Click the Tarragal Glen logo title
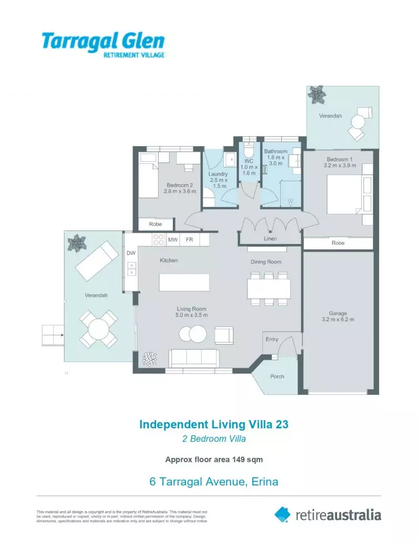coord(103,41)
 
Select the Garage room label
coord(338,313)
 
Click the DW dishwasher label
coord(131,253)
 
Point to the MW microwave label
coord(173,239)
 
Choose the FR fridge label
coord(190,239)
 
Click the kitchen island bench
coord(184,282)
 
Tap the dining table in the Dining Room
coord(269,289)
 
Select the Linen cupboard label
coord(270,238)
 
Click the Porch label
coord(277,377)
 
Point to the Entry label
coord(272,339)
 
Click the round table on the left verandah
coord(98,329)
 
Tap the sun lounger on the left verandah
coord(97,261)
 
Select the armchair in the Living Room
coord(224,335)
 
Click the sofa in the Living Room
coord(194,358)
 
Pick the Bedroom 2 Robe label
coord(156,224)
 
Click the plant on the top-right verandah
coord(317,94)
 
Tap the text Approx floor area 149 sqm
coord(214,459)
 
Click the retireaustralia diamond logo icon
coord(282,514)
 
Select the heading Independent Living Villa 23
coord(214,424)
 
